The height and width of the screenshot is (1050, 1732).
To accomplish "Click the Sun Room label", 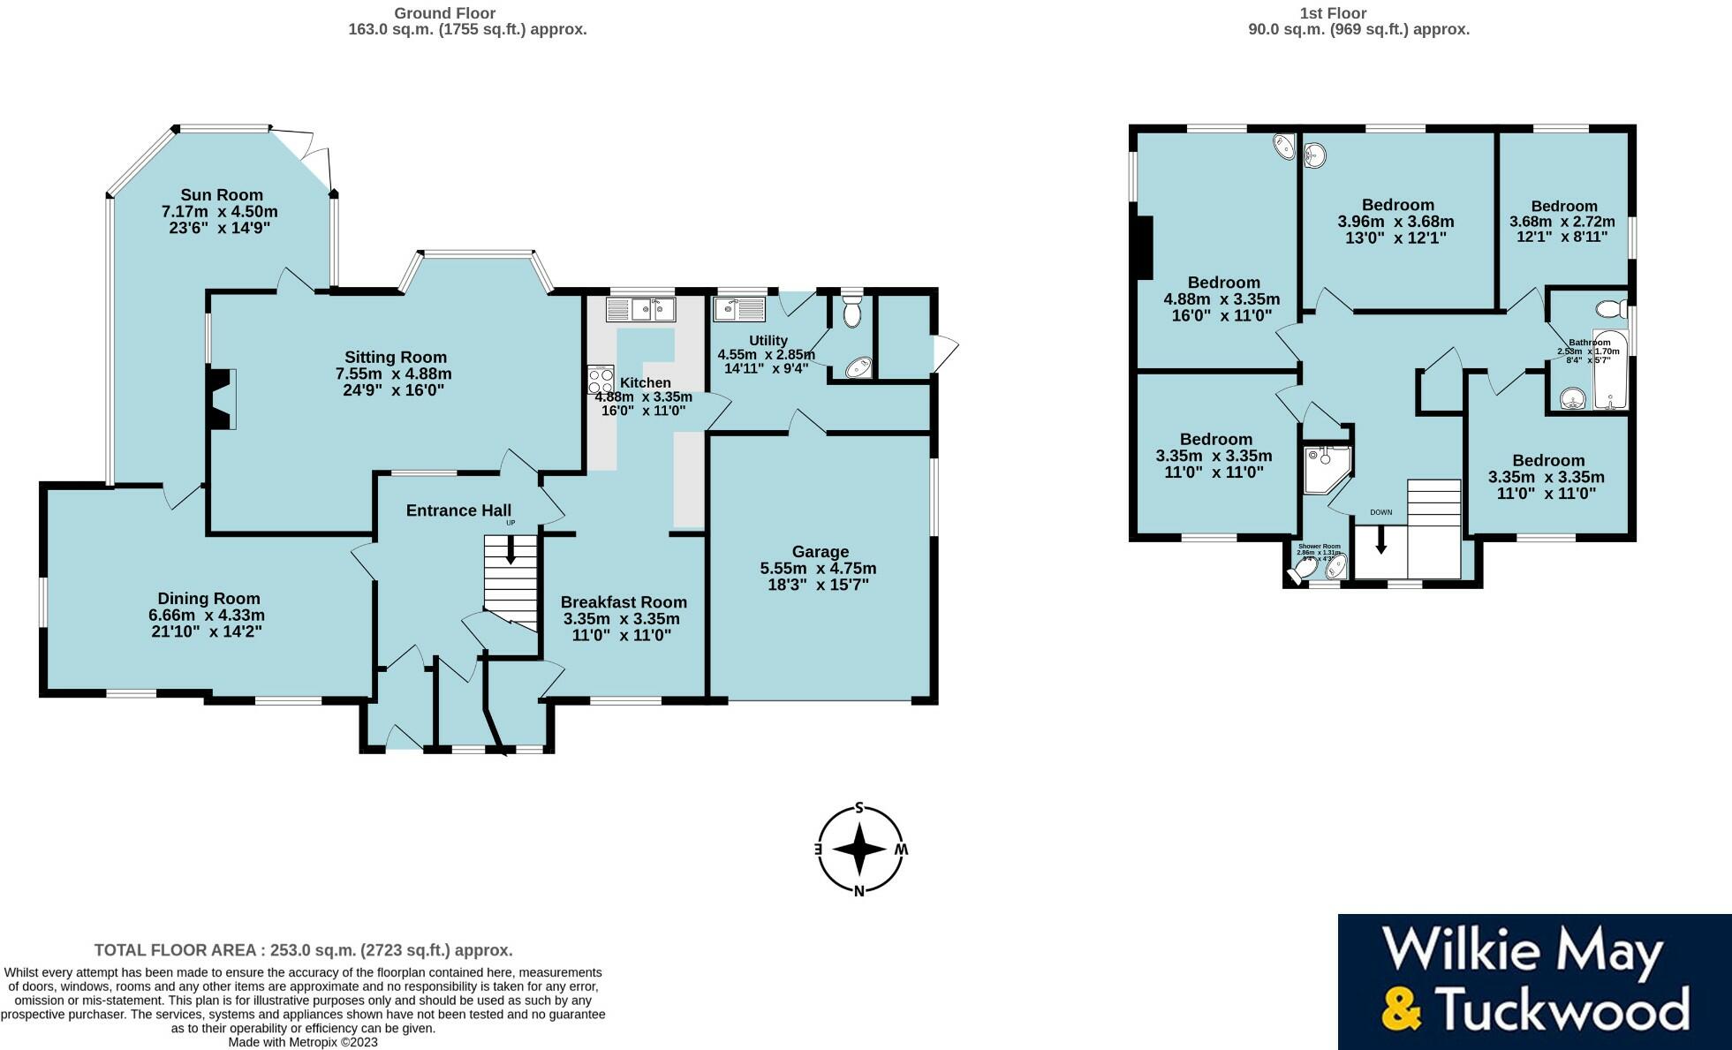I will click(x=222, y=195).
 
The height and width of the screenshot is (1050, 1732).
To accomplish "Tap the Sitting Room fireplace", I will click(x=221, y=398).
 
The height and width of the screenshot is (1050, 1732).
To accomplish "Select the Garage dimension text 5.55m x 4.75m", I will click(x=818, y=568).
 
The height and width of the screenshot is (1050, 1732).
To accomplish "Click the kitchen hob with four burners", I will click(x=601, y=380).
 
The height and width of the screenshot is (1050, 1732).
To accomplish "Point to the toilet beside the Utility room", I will click(x=851, y=311).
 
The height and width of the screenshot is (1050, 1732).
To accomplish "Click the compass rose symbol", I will click(x=859, y=850).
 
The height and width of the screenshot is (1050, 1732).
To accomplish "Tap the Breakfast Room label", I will click(x=624, y=602).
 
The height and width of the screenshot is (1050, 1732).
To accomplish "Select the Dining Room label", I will click(x=208, y=599).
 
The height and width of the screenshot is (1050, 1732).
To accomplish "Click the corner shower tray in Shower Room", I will click(x=1325, y=466).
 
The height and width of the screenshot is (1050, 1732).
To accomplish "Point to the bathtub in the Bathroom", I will click(x=1610, y=371).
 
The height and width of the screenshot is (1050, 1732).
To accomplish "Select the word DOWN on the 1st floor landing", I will click(x=1380, y=512).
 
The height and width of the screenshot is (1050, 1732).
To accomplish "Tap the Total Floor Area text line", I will click(x=303, y=950).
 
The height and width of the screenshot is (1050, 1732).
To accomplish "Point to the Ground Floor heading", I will click(x=444, y=13).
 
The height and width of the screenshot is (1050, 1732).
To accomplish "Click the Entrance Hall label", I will click(x=458, y=510).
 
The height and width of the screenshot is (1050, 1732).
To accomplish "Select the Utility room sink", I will click(x=740, y=309).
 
